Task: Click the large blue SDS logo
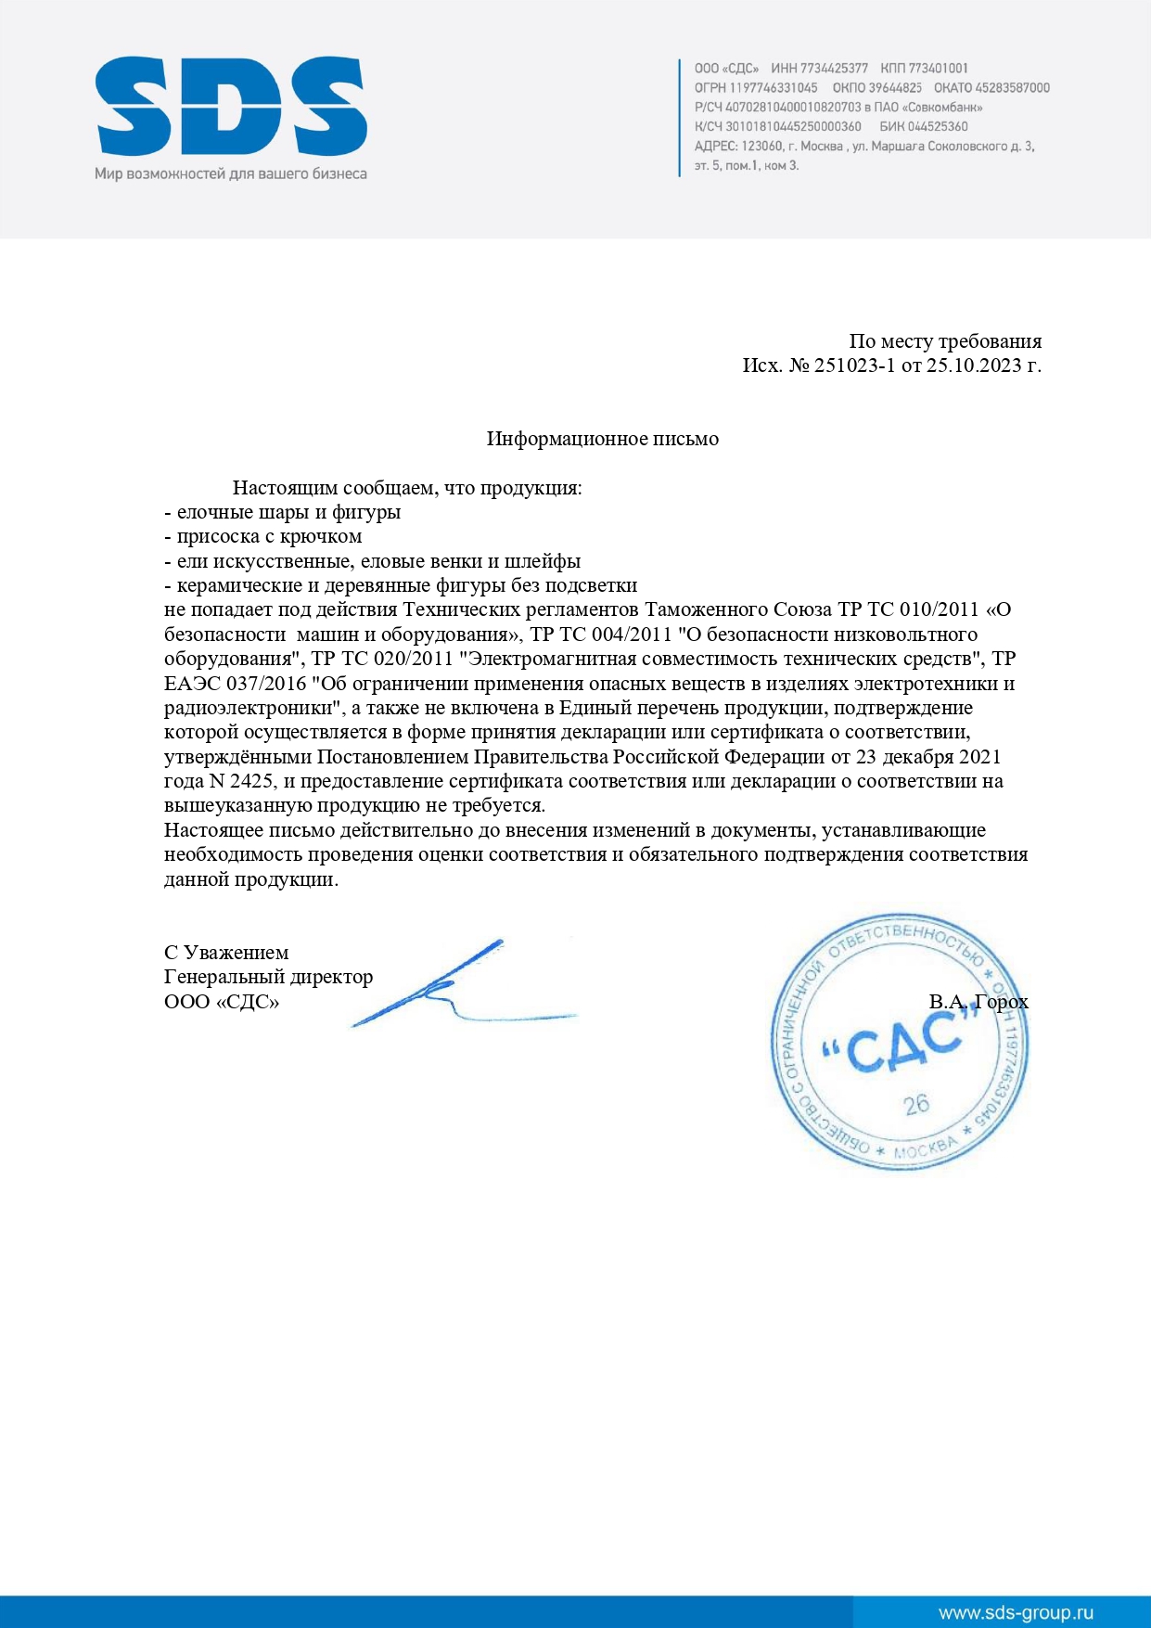coord(231,107)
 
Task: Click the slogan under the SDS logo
coord(231,173)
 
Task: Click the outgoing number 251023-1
coord(854,365)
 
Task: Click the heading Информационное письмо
coord(602,439)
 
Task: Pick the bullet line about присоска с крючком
coord(263,537)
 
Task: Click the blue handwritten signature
coord(445,988)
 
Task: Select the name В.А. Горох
coord(978,1002)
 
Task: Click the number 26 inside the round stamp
coord(916,1104)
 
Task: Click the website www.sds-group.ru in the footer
coord(1016,1612)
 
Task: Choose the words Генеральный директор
coord(268,977)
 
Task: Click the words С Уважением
coord(226,953)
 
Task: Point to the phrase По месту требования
coord(945,341)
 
